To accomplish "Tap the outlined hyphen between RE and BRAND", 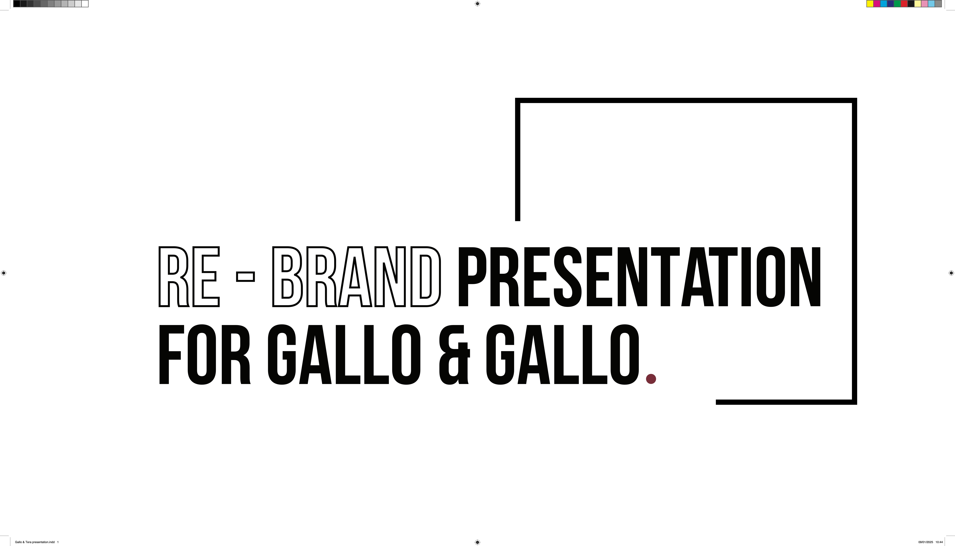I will coord(245,277).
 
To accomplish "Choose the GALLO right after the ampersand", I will coord(563,354).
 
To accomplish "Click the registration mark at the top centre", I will coord(477,4).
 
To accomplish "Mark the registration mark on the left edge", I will coord(4,273).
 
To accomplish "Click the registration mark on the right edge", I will coord(951,273).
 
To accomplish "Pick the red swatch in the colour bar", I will coord(904,4).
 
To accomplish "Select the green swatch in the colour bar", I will coord(897,4).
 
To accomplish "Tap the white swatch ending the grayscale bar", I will coord(85,4).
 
